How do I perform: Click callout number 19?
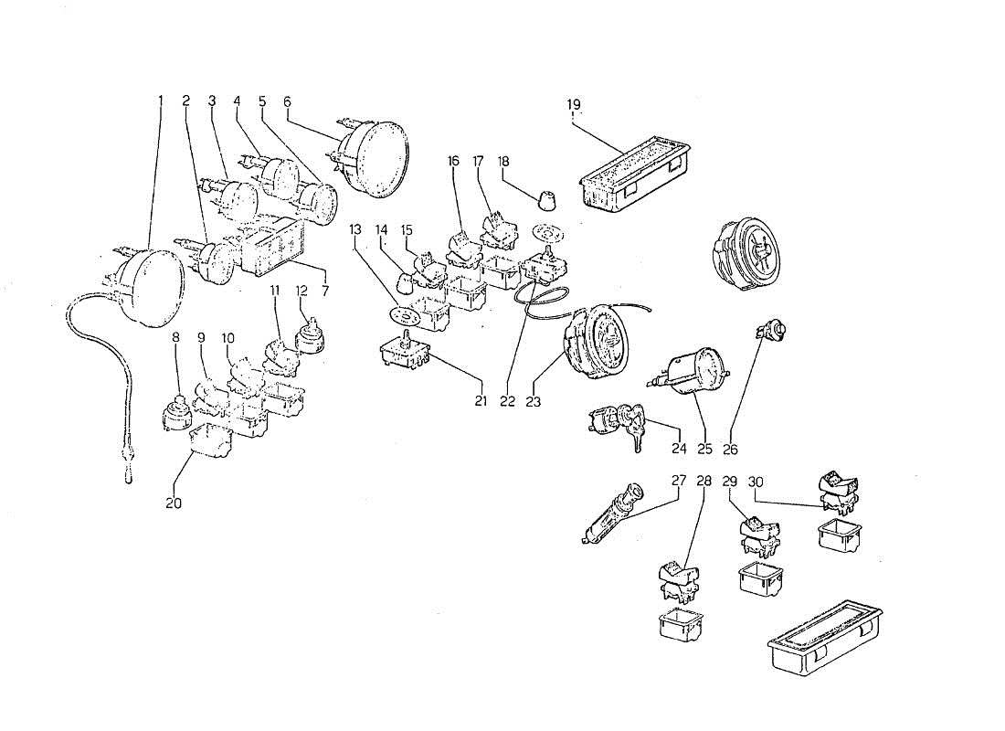point(574,104)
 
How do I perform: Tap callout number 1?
point(160,100)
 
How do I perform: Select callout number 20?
point(174,503)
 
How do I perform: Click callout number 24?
point(678,449)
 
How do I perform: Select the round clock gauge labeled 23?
point(598,342)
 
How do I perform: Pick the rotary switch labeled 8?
point(175,415)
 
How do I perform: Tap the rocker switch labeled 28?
point(677,580)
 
